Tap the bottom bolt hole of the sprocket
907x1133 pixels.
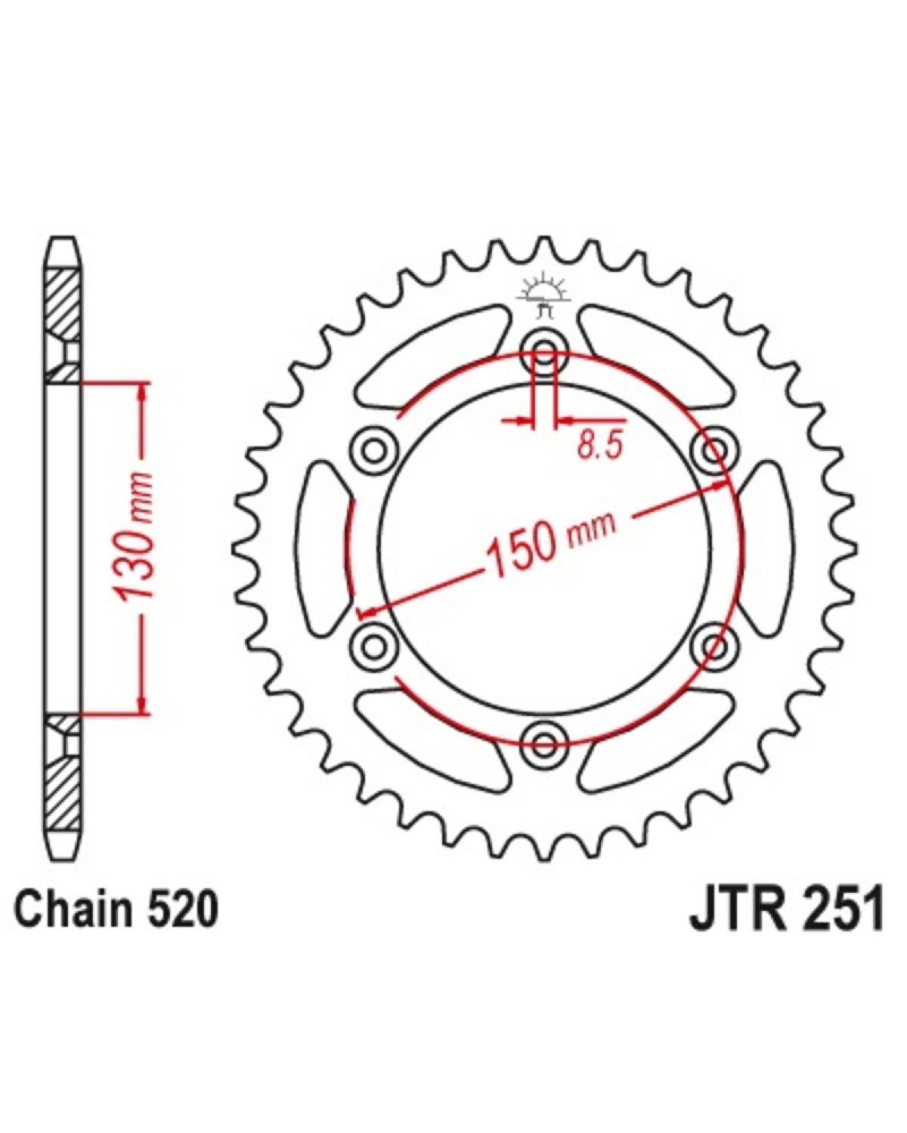(x=544, y=743)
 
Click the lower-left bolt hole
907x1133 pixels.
(x=374, y=644)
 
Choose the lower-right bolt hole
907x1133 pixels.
(x=714, y=644)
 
